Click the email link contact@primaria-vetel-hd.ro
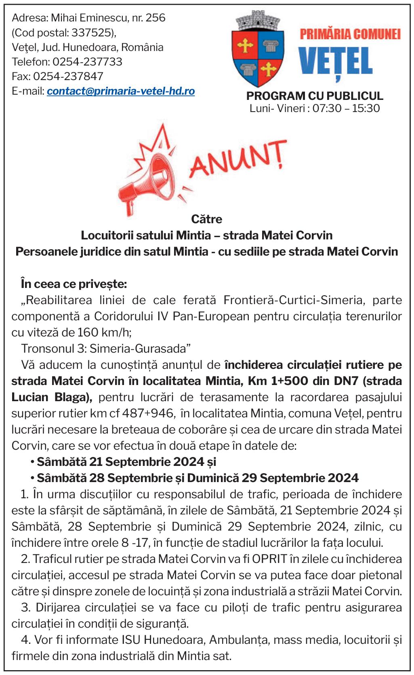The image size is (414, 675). pos(121,91)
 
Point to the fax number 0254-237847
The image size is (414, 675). pos(68,76)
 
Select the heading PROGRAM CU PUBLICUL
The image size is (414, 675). pos(315,96)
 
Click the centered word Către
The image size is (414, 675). pos(206,219)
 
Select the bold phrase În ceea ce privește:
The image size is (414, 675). pos(74,284)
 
